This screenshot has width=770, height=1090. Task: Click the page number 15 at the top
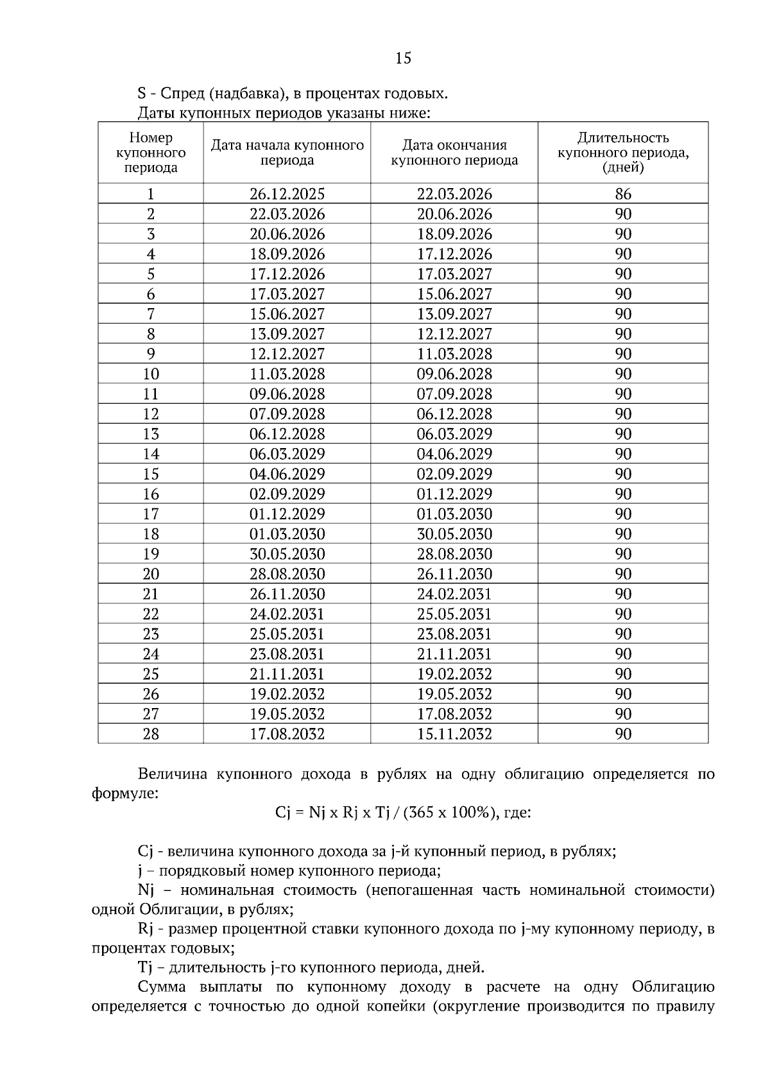click(x=403, y=58)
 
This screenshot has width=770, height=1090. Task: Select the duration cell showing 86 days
click(x=623, y=194)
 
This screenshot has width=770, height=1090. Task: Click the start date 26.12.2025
click(x=287, y=194)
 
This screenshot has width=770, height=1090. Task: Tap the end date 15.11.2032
click(x=454, y=734)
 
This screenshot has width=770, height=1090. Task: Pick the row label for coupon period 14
click(x=151, y=454)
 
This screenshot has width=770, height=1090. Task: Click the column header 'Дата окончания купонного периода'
click(x=454, y=153)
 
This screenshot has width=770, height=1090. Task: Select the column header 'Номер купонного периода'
click(x=151, y=153)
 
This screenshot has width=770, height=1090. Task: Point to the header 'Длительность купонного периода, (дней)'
click(x=623, y=153)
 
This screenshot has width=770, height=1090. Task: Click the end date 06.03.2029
click(x=454, y=434)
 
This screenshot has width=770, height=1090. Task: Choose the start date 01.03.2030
click(x=287, y=534)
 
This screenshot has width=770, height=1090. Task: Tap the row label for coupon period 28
click(x=151, y=734)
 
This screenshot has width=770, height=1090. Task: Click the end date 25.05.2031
click(x=454, y=614)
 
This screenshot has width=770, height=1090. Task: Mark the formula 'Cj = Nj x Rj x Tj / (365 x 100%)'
click(x=386, y=813)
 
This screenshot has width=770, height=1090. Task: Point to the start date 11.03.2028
click(x=287, y=374)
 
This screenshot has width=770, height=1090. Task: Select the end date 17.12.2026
click(x=454, y=254)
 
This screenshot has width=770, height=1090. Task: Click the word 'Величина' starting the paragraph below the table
click(x=173, y=774)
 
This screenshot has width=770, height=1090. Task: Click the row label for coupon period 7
click(x=151, y=314)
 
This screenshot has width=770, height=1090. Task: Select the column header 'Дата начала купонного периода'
click(x=287, y=153)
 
